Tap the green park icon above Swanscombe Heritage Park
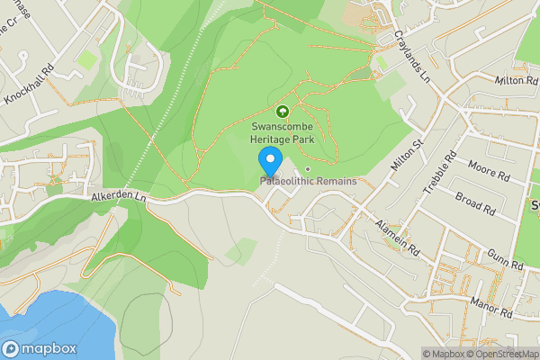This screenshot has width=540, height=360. pos(282,112)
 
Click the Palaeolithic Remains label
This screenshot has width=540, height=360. pos(309,181)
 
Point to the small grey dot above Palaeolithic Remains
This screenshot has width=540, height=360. pos(307,168)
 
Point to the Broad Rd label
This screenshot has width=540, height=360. pos(475,202)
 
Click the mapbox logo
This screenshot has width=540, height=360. pos(40,349)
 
